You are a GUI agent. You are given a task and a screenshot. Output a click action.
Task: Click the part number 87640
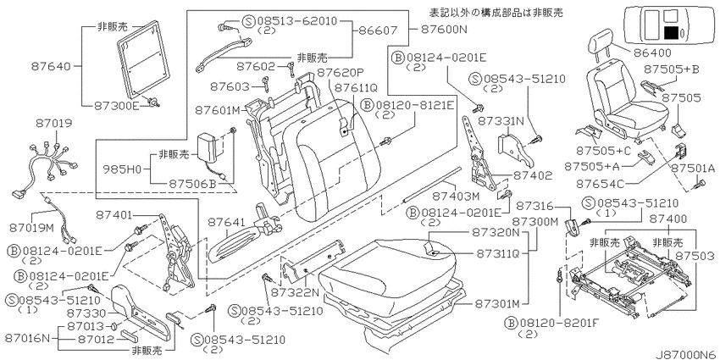[51, 67]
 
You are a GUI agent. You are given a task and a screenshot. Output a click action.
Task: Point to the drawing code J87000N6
[685, 354]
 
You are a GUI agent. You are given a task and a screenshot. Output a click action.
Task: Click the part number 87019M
[32, 227]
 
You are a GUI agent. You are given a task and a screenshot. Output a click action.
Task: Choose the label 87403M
[456, 196]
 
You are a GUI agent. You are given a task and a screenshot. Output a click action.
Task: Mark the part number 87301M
[497, 304]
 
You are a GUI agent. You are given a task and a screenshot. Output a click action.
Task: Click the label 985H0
[122, 169]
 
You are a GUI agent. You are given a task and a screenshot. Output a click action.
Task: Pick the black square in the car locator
[671, 33]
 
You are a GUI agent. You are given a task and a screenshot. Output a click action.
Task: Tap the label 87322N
[294, 292]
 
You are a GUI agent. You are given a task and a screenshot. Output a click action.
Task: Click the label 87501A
[693, 169]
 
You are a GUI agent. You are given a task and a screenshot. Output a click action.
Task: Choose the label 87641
[227, 222]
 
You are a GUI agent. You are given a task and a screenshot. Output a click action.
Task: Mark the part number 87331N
[501, 121]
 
